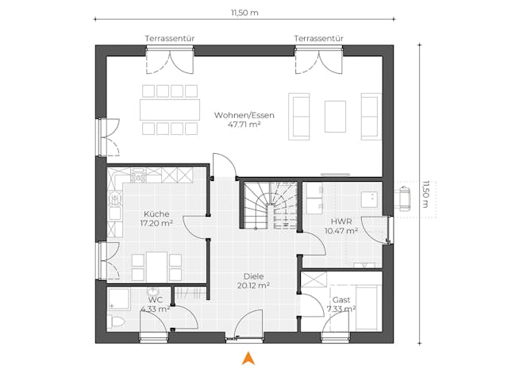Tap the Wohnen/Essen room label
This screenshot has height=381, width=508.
(x=244, y=115)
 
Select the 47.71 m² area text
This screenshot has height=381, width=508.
(x=244, y=125)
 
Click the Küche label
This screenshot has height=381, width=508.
(x=156, y=214)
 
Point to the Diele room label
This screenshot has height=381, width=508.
(x=254, y=276)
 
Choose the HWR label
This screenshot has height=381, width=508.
(x=341, y=221)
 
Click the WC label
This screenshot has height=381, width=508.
(x=156, y=300)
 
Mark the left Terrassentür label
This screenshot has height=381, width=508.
(x=168, y=38)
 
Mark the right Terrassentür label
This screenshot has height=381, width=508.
(x=317, y=38)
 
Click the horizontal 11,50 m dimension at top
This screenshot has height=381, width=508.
(x=244, y=13)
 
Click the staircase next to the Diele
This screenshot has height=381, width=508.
(x=270, y=205)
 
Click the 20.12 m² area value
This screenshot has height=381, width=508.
(x=254, y=286)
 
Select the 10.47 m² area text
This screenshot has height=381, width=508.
(x=341, y=231)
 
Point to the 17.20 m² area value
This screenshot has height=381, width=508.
(x=156, y=224)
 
